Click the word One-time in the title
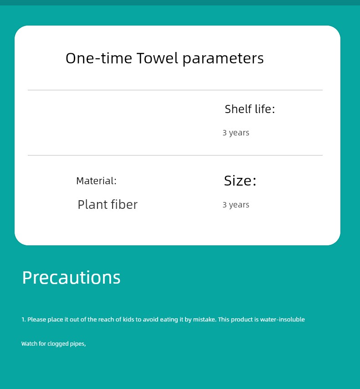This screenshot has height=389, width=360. (x=99, y=58)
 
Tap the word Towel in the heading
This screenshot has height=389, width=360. (x=157, y=58)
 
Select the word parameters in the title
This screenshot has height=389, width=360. (x=223, y=59)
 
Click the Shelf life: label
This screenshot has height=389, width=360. (x=250, y=109)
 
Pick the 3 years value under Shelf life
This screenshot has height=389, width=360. (x=236, y=133)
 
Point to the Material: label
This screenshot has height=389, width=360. (x=96, y=181)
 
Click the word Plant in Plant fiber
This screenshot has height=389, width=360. (x=92, y=204)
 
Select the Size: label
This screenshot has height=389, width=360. (x=240, y=181)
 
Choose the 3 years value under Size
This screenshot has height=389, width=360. (x=236, y=205)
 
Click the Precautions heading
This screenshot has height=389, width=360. (x=72, y=277)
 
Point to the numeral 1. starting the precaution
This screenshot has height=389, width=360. (x=24, y=320)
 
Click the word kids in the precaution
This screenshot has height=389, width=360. (x=129, y=319)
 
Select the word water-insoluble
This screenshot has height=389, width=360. (x=283, y=319)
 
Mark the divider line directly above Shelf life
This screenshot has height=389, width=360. (x=175, y=90)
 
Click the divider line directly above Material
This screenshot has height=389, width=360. (x=175, y=156)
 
